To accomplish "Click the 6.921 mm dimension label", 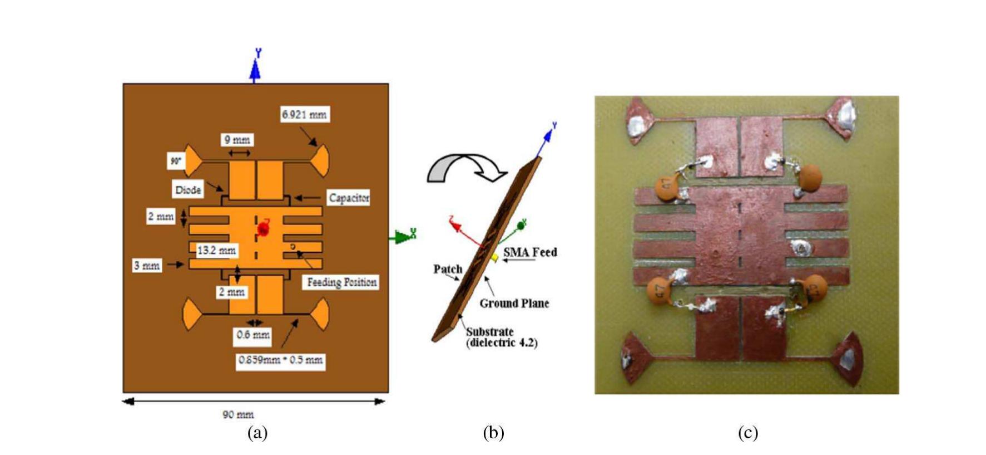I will pyautogui.click(x=304, y=115).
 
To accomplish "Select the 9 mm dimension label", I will pyautogui.click(x=237, y=140).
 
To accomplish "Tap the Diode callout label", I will pyautogui.click(x=188, y=190).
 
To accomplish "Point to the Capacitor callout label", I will pyautogui.click(x=349, y=198).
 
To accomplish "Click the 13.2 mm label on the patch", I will pyautogui.click(x=216, y=251).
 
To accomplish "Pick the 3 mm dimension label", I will pyautogui.click(x=147, y=266).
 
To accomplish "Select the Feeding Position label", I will pyautogui.click(x=341, y=282).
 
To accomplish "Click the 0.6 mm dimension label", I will pyautogui.click(x=253, y=335).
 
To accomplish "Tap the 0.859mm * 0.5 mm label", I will pyautogui.click(x=280, y=360).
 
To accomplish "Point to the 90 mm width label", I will pyautogui.click(x=238, y=414).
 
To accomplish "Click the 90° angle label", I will pyautogui.click(x=176, y=162).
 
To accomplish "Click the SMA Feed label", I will pyautogui.click(x=529, y=252).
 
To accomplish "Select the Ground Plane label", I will pyautogui.click(x=514, y=304).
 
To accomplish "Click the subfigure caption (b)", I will pyautogui.click(x=493, y=433).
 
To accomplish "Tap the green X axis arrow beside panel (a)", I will pyautogui.click(x=404, y=236).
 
